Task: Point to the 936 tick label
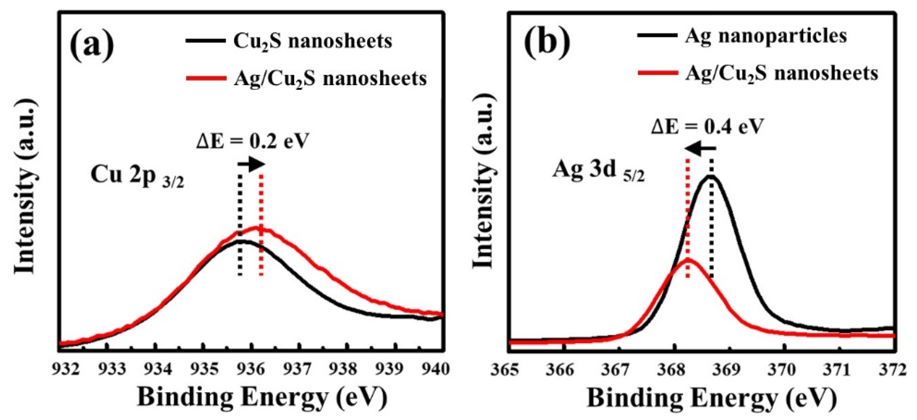252,369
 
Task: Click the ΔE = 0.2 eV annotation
251,142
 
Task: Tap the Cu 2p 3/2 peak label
137,177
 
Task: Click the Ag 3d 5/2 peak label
598,171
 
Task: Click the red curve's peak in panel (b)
688,260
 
